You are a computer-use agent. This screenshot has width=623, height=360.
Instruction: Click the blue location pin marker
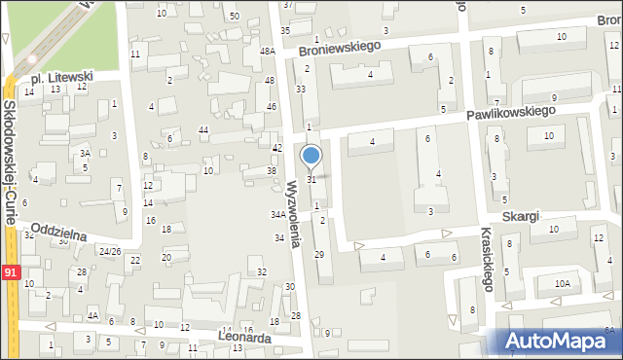pyautogui.click(x=311, y=157)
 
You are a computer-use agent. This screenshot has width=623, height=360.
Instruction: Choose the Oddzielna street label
pyautogui.click(x=59, y=233)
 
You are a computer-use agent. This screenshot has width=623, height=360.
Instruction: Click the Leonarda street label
pyautogui.click(x=245, y=338)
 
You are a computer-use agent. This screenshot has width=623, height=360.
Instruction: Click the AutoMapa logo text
pyautogui.click(x=562, y=341)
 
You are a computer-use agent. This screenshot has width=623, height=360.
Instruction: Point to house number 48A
pyautogui.click(x=268, y=52)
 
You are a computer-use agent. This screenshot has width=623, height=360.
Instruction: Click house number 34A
pyautogui.click(x=278, y=214)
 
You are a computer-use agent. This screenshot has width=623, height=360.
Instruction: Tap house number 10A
pyautogui.click(x=562, y=284)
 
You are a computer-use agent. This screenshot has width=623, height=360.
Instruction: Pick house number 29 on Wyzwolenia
pyautogui.click(x=319, y=254)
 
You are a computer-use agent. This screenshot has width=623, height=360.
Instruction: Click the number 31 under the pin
pyautogui.click(x=311, y=180)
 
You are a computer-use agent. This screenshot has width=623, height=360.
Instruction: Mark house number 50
pyautogui.click(x=234, y=17)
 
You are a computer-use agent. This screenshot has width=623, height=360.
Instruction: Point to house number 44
pyautogui.click(x=203, y=129)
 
